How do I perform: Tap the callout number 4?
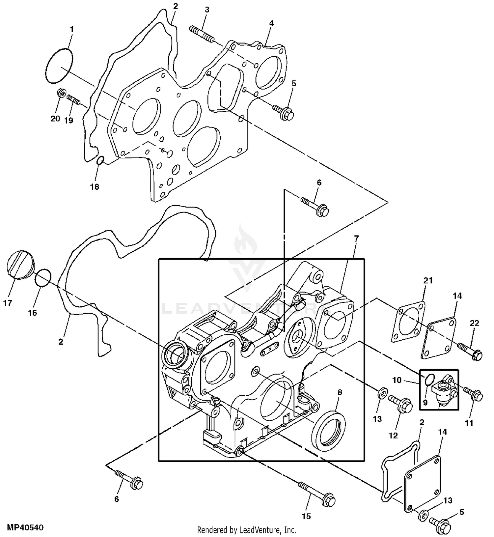271,23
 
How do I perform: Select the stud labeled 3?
202,34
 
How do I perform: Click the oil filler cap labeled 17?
20,265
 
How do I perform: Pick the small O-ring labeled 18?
100,160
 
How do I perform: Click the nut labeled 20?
61,94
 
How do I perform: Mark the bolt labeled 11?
473,393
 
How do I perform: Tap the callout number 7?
356,238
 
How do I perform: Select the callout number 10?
397,380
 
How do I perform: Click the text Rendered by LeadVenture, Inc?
247,530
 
